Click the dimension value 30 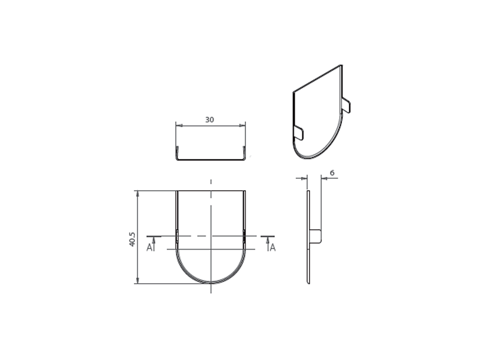tap(209, 119)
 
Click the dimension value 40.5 tap(132, 239)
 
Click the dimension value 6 tap(332, 173)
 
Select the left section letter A tap(149, 247)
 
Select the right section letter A tap(272, 247)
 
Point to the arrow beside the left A tap(154, 244)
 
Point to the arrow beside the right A tap(268, 244)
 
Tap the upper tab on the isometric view tap(346, 104)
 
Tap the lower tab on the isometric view tap(298, 133)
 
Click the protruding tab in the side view tap(316, 236)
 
